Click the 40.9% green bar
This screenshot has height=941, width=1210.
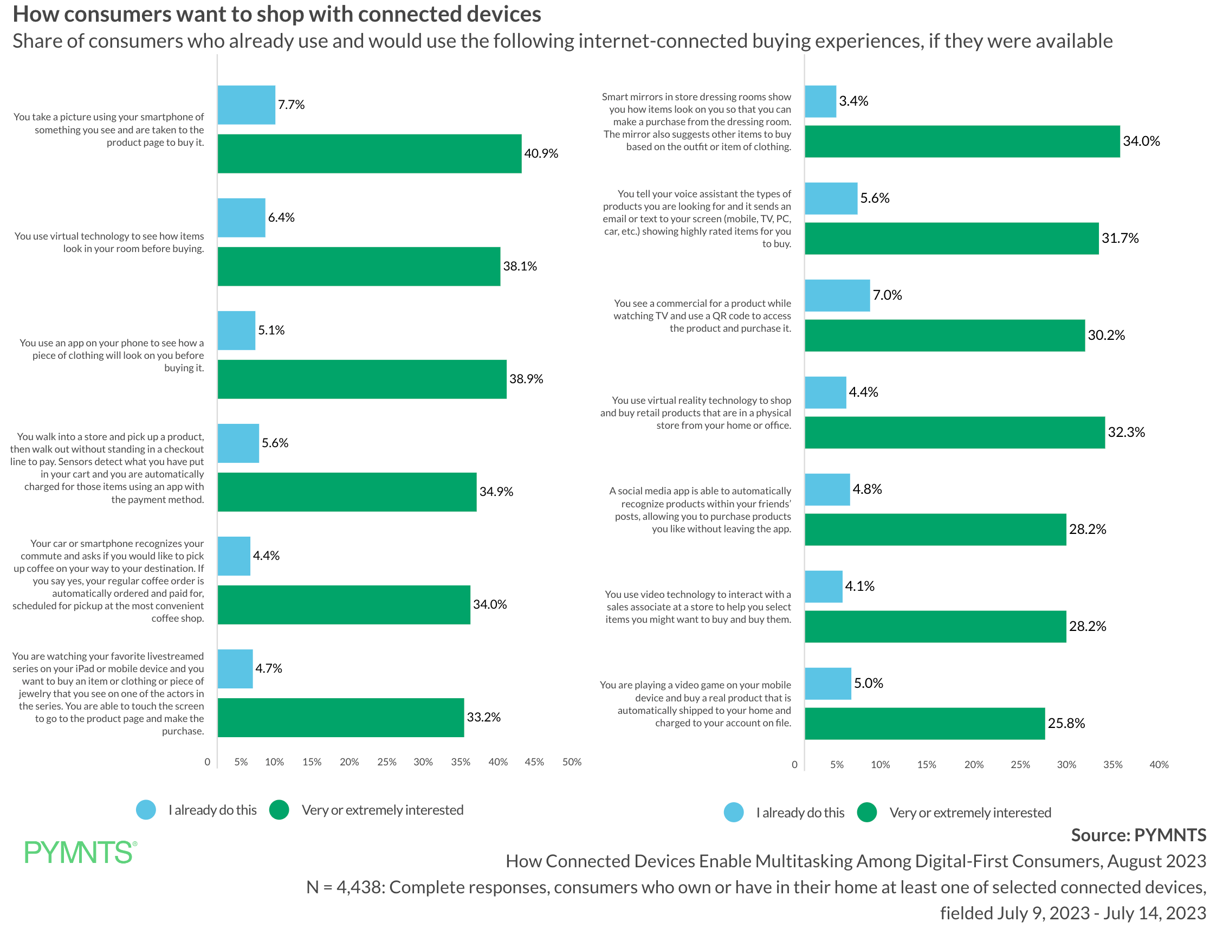[370, 153]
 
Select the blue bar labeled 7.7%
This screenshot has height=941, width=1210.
[247, 105]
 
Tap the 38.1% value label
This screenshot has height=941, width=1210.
[520, 266]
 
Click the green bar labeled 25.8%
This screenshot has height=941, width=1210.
[924, 723]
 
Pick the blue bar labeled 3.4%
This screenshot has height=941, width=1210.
[820, 101]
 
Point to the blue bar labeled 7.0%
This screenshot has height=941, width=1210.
[837, 295]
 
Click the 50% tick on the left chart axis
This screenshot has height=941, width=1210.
[572, 762]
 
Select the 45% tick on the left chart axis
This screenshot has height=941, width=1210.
[534, 762]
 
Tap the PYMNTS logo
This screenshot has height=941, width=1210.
[80, 852]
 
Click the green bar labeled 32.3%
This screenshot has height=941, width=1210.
[955, 432]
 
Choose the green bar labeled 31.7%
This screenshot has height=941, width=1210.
[952, 239]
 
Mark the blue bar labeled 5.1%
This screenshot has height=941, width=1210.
[237, 330]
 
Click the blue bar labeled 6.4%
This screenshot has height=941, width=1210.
[242, 218]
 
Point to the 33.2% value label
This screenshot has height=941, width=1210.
[484, 717]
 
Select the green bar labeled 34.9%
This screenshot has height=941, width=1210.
[347, 492]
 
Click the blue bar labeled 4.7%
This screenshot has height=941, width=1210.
[235, 669]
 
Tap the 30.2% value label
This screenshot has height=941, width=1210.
[1107, 336]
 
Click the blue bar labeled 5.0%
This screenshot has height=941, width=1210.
[828, 684]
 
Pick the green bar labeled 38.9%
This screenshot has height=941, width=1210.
[362, 379]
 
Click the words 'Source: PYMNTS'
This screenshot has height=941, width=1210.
[1138, 835]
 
